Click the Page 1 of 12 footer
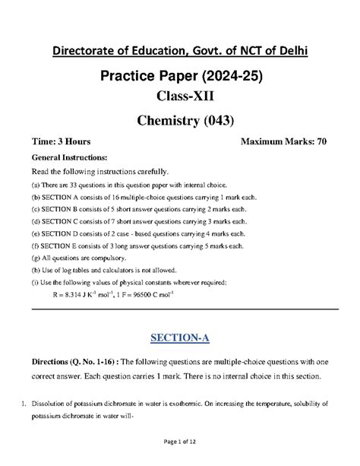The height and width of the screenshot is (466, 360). click(179, 454)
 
